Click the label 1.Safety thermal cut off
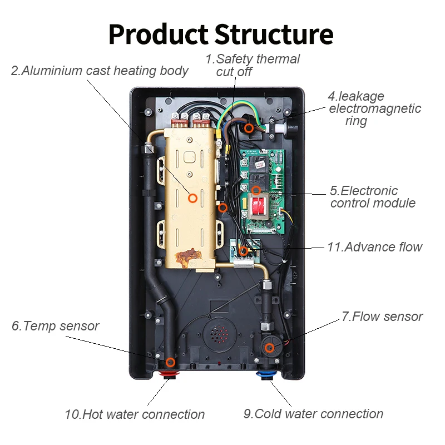(x=253, y=65)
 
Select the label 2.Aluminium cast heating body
(x=100, y=71)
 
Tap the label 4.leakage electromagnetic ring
(x=374, y=108)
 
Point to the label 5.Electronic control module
(x=372, y=197)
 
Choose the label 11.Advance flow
(x=374, y=247)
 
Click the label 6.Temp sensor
(x=55, y=326)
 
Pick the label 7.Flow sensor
(x=382, y=317)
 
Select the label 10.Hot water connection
(x=134, y=414)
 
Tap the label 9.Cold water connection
(x=313, y=414)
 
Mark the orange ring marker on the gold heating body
(x=193, y=197)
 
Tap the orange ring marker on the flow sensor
(x=269, y=348)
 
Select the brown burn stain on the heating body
(x=186, y=257)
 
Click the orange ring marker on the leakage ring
(x=250, y=128)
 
